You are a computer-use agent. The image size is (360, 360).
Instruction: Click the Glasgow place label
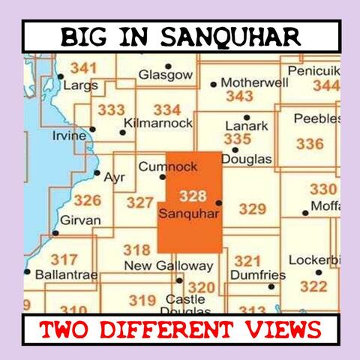pos(166,75)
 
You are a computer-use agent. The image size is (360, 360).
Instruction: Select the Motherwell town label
pos(253,82)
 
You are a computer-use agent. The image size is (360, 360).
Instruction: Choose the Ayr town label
pos(114,178)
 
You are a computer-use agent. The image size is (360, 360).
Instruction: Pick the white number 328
pos(193,196)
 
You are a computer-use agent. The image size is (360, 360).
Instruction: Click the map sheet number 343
pos(239,96)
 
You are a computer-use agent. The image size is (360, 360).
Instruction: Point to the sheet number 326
pos(87,200)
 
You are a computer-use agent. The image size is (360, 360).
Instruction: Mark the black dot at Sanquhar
pos(218,202)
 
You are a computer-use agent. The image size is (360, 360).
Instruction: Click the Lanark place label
pos(246,126)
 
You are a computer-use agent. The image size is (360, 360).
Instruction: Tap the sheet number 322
pos(313,286)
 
